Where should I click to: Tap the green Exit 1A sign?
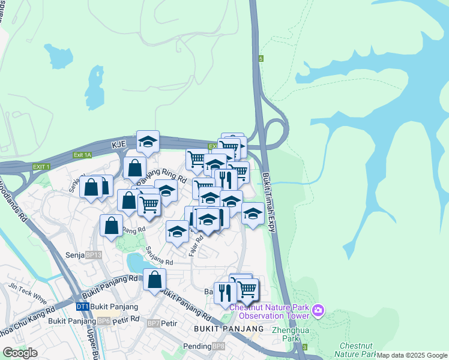pyautogui.click(x=82, y=155)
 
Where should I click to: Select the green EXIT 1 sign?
pyautogui.click(x=41, y=166)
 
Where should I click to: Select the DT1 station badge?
pyautogui.click(x=83, y=307)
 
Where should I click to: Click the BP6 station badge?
pyautogui.click(x=104, y=321)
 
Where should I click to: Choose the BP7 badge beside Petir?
pyautogui.click(x=154, y=323)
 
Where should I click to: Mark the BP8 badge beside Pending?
pyautogui.click(x=218, y=346)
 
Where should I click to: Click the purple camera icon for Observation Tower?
pyautogui.click(x=318, y=311)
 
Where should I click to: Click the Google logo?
pyautogui.click(x=20, y=353)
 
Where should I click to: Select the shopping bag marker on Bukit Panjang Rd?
pyautogui.click(x=154, y=280)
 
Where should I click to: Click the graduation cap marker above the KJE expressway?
pyautogui.click(x=148, y=142)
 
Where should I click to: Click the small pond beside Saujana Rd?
pyautogui.click(x=136, y=262)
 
